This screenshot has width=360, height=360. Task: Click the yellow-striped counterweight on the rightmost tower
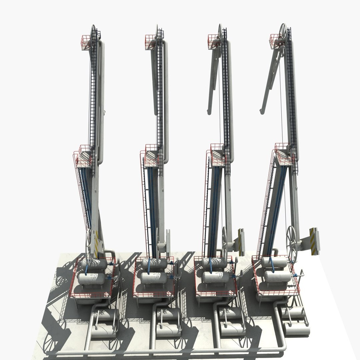[x=313, y=241]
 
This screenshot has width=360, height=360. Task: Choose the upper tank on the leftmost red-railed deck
[x=94, y=265]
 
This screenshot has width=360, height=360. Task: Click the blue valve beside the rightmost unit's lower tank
[x=296, y=275]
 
